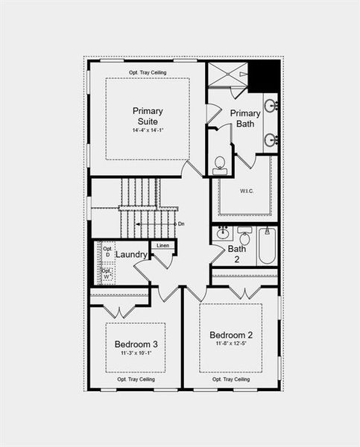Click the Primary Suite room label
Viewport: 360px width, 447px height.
(x=148, y=116)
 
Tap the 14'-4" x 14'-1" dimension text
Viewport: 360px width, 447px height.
(x=148, y=130)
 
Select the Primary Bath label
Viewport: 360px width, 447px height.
(x=245, y=118)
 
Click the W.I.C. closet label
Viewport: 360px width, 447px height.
(x=247, y=191)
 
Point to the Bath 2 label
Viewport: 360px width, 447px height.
(x=237, y=254)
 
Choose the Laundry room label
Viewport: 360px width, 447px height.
(x=131, y=255)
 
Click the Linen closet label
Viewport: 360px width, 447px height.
(x=163, y=245)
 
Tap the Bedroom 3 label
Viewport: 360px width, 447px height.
(x=136, y=344)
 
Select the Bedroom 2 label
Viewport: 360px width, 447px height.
(x=231, y=335)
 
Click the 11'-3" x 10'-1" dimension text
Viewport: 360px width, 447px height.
(x=136, y=354)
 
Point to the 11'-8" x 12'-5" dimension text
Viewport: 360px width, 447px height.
(x=231, y=344)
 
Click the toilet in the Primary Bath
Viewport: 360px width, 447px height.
(x=220, y=165)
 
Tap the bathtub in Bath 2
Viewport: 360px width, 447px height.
(x=268, y=247)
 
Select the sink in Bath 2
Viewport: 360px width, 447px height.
(x=222, y=234)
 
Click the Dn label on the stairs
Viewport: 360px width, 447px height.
(x=181, y=223)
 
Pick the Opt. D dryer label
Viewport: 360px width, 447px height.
(x=107, y=252)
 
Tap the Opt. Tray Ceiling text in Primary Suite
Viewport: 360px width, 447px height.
(x=147, y=72)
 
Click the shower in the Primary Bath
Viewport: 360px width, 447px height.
(x=227, y=75)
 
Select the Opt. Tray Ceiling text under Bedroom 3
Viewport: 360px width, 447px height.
(x=136, y=379)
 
